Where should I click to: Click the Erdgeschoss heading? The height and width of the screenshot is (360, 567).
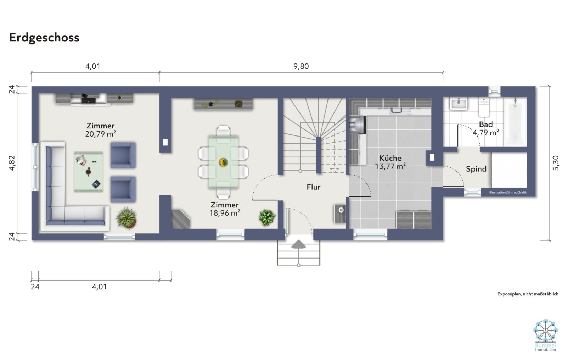pyautogui.click(x=44, y=38)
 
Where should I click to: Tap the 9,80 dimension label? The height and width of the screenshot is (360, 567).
pyautogui.click(x=301, y=66)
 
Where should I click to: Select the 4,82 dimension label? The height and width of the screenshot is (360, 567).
pyautogui.click(x=12, y=163)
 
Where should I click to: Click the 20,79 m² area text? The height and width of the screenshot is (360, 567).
pyautogui.click(x=101, y=134)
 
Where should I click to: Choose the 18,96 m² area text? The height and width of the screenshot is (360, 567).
pyautogui.click(x=225, y=213)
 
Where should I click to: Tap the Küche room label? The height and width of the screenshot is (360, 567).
pyautogui.click(x=390, y=158)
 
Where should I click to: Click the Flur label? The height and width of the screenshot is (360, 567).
pyautogui.click(x=313, y=187)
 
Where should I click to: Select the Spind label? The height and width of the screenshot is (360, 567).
pyautogui.click(x=476, y=169)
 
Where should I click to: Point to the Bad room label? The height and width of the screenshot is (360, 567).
pyautogui.click(x=486, y=124)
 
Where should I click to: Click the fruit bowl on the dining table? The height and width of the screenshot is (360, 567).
pyautogui.click(x=223, y=162)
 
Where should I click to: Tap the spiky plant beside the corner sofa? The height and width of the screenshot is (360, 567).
pyautogui.click(x=127, y=218)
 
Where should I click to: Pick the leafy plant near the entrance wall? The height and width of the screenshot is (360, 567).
pyautogui.click(x=267, y=218)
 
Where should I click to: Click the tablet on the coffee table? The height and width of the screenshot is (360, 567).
pyautogui.click(x=96, y=184)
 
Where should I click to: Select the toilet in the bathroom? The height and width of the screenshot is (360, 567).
pyautogui.click(x=484, y=107)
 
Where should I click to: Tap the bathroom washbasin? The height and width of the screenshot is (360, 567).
pyautogui.click(x=459, y=104)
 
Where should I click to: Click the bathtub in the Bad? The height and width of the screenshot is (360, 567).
pyautogui.click(x=515, y=122)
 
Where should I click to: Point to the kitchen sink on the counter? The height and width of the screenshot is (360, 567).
pyautogui.click(x=395, y=110)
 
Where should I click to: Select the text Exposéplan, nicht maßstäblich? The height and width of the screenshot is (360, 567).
pyautogui.click(x=528, y=294)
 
